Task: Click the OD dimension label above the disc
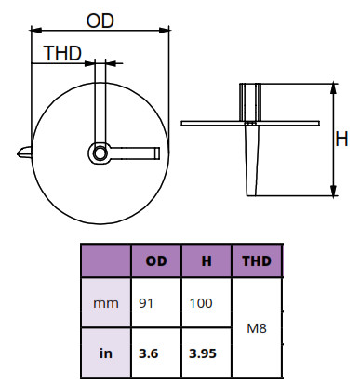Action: (100, 20)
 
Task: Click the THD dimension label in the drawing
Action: (62, 53)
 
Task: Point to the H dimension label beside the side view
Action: (341, 139)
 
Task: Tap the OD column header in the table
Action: (156, 261)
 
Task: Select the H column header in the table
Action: (207, 261)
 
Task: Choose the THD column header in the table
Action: (257, 261)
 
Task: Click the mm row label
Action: (106, 303)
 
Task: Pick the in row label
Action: (106, 353)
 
